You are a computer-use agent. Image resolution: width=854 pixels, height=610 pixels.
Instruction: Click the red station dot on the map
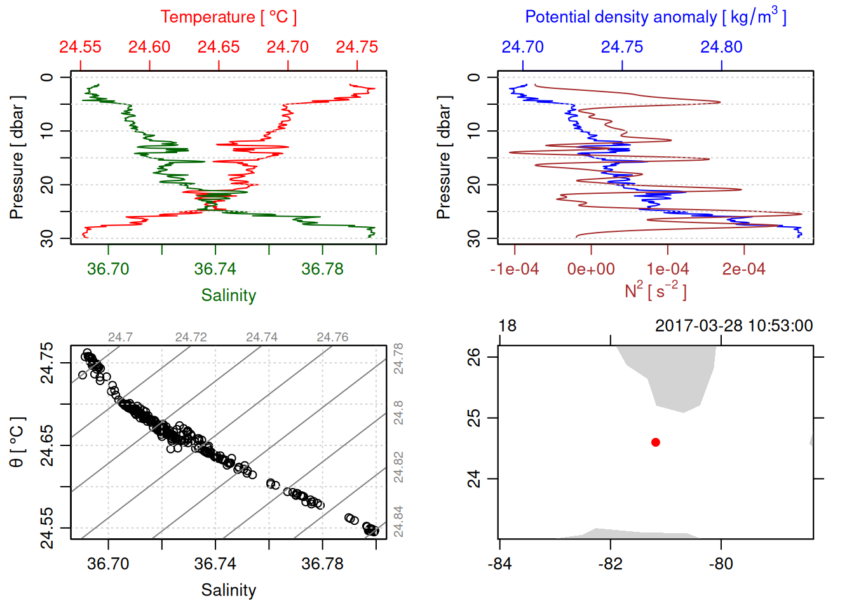tap(656, 442)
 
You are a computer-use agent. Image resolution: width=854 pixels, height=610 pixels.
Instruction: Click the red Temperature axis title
tap(228, 17)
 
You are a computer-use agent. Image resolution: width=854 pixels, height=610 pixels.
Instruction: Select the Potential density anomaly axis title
tap(655, 17)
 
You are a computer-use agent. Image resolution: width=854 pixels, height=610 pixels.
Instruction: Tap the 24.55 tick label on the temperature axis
tap(80, 47)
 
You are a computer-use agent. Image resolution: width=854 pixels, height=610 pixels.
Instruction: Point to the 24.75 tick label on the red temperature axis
tap(356, 47)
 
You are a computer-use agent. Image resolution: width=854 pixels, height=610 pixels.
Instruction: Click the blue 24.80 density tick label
tap(721, 47)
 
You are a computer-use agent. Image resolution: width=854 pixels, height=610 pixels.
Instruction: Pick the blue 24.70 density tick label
tap(522, 47)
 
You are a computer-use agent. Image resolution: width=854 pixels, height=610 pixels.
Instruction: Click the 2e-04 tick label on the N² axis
tap(743, 269)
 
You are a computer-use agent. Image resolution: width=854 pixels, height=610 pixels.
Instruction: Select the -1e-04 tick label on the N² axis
tap(514, 269)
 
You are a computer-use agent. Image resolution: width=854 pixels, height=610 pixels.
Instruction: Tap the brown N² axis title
tap(655, 291)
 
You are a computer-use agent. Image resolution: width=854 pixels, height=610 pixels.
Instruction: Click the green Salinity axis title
tap(228, 295)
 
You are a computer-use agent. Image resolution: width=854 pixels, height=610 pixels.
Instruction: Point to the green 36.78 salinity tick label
tap(322, 269)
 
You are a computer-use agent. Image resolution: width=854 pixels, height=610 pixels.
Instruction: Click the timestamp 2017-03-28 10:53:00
tap(734, 326)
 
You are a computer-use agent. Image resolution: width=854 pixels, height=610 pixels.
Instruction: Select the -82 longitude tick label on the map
tap(610, 564)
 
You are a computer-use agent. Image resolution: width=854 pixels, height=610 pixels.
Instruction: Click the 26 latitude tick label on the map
tap(474, 357)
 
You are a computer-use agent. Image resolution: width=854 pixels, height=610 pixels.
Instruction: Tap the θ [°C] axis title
tap(17, 442)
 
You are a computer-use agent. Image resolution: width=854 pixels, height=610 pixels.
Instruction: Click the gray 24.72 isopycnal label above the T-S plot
tap(191, 337)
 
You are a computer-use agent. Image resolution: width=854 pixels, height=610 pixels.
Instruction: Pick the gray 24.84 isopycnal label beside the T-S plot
tap(398, 521)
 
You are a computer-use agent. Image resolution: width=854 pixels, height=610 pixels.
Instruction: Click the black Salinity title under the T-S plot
tap(228, 590)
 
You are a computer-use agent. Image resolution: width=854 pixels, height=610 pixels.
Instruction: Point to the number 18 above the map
tap(507, 326)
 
